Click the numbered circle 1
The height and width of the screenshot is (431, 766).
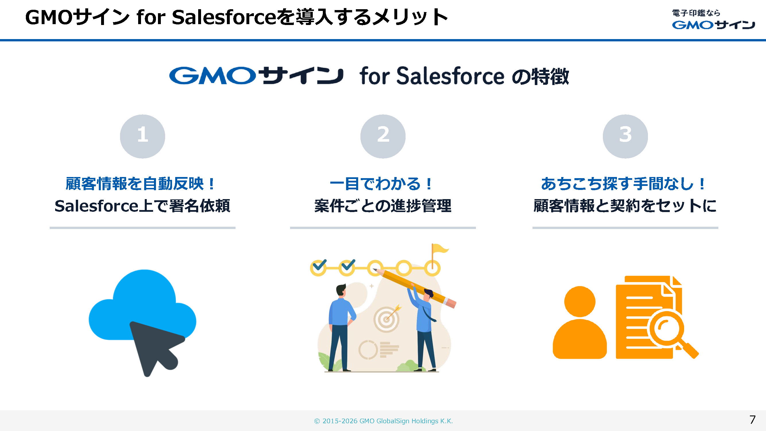coord(142,136)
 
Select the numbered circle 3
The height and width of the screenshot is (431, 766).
coord(625,136)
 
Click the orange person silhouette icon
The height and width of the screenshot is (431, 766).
coord(580,322)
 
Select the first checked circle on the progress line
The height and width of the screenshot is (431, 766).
coord(318,268)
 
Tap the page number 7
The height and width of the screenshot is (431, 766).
coord(752,420)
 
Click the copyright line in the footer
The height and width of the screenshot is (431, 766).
coord(383,421)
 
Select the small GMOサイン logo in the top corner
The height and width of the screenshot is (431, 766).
coord(713,19)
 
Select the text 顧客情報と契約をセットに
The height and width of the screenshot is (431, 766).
coord(625,205)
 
